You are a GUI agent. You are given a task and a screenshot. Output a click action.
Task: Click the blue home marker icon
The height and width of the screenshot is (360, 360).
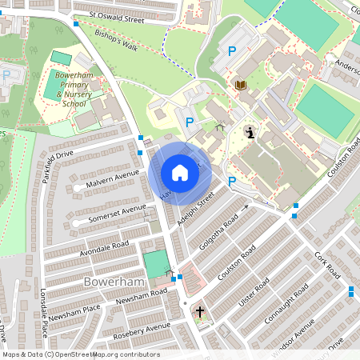[x=180, y=173]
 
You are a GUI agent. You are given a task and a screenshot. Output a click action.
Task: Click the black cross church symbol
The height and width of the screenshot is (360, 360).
[x=199, y=312]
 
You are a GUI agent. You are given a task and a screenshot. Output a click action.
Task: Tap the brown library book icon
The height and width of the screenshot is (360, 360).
[x=240, y=84]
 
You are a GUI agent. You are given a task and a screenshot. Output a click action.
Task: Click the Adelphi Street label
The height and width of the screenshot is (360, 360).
[x=196, y=207]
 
